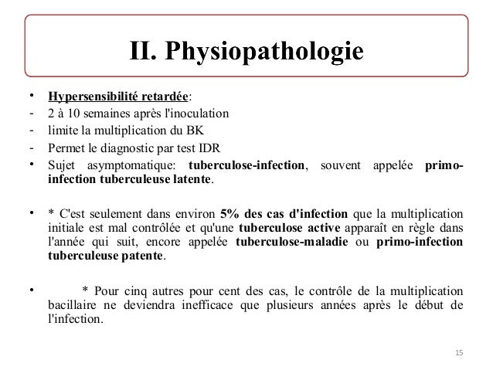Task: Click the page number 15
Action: pos(460,353)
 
